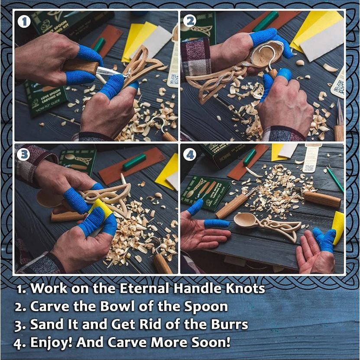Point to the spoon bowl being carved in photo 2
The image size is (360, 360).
tap(265, 55)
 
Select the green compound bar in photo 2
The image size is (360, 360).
tap(265, 21)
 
